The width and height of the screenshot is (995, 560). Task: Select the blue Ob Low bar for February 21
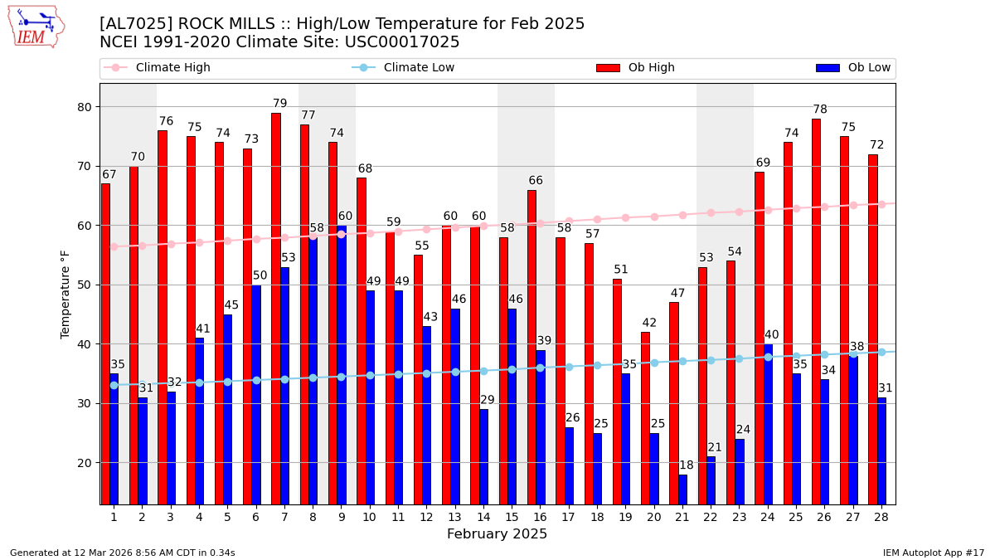(682, 489)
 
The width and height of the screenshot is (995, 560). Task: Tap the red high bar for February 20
(645, 418)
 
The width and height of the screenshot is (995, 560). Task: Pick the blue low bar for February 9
(342, 365)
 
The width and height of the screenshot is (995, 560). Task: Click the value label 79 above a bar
(280, 104)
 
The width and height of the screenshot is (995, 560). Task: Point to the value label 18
(687, 465)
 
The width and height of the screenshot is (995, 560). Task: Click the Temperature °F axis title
(66, 294)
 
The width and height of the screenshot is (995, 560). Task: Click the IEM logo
(36, 27)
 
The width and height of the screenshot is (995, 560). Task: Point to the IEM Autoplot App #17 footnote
(933, 553)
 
